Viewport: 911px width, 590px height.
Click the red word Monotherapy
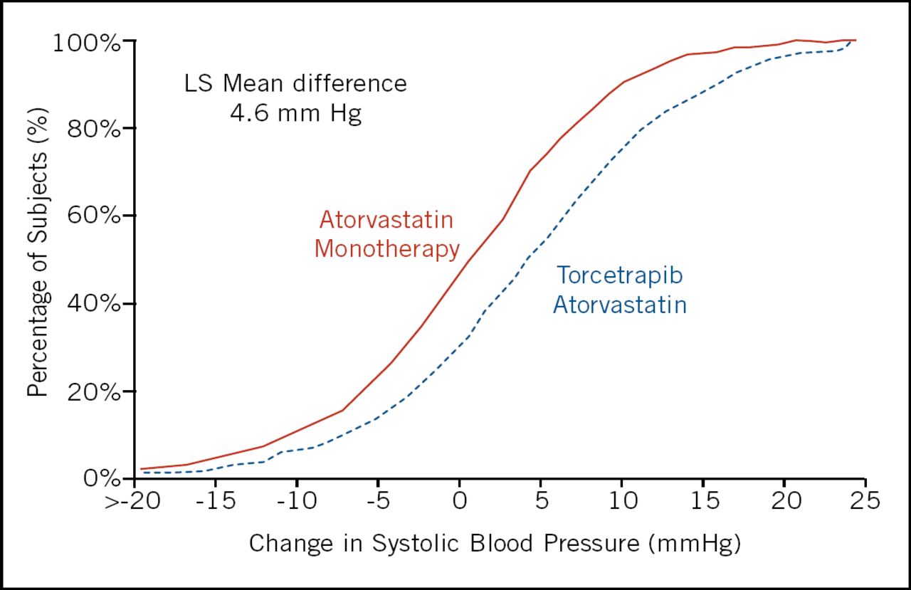[386, 250]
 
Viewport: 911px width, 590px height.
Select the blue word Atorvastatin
[620, 305]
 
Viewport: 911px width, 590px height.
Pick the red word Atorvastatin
[386, 220]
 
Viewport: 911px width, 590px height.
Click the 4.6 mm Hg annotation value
[296, 114]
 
